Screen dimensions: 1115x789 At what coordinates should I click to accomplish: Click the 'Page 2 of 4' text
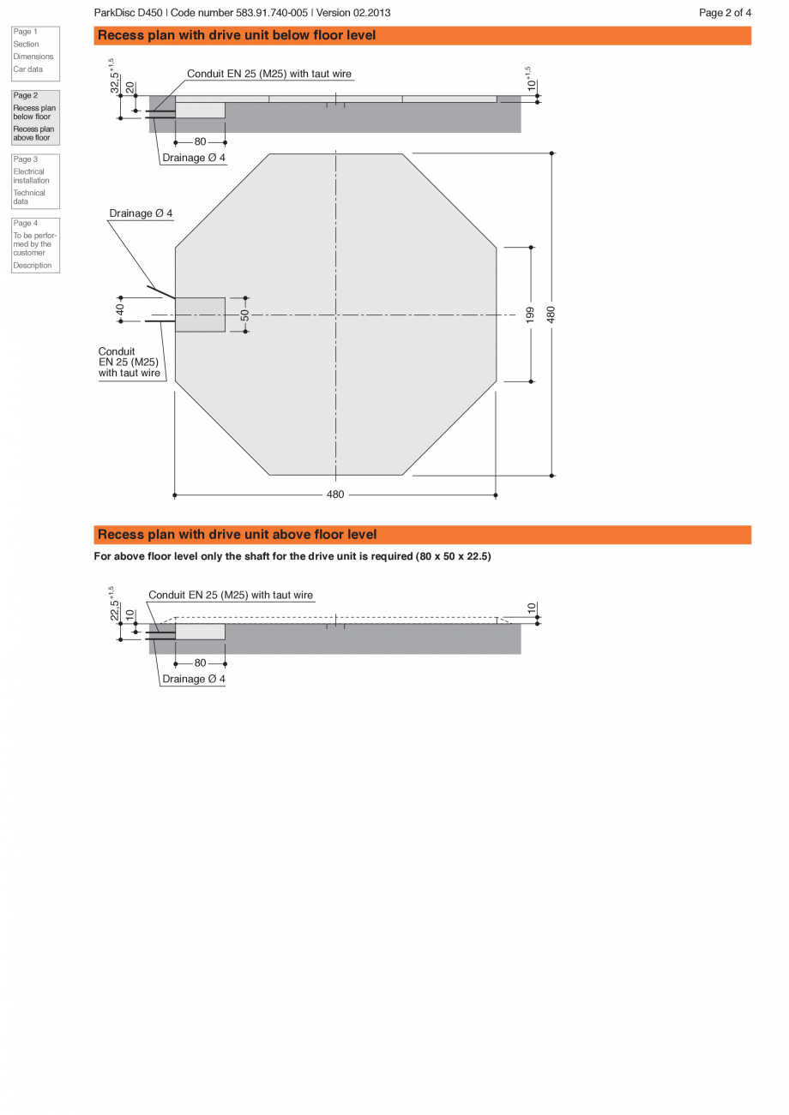click(725, 13)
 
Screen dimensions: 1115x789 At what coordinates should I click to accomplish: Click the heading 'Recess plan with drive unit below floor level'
click(237, 35)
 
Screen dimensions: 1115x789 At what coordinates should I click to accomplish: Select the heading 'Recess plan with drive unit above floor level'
click(237, 535)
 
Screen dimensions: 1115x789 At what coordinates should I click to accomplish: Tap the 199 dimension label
click(531, 314)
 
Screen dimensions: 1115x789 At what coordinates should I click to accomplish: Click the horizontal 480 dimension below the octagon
click(335, 495)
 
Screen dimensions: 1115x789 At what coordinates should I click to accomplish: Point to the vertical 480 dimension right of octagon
click(551, 314)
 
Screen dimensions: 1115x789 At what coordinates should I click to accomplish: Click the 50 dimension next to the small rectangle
click(245, 315)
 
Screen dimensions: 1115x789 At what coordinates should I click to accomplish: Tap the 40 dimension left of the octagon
click(121, 309)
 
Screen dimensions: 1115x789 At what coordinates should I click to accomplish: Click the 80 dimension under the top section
click(200, 142)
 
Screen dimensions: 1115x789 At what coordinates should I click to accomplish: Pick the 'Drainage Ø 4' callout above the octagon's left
click(141, 213)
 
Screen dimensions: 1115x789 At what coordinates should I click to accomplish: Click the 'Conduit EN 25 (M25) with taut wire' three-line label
click(129, 363)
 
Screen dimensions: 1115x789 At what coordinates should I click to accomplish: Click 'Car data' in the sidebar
click(27, 69)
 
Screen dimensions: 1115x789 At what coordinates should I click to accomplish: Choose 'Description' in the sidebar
click(32, 266)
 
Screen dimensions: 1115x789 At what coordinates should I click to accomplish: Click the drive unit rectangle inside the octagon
click(201, 315)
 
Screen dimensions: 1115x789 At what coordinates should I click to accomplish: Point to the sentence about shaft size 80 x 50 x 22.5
click(292, 556)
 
